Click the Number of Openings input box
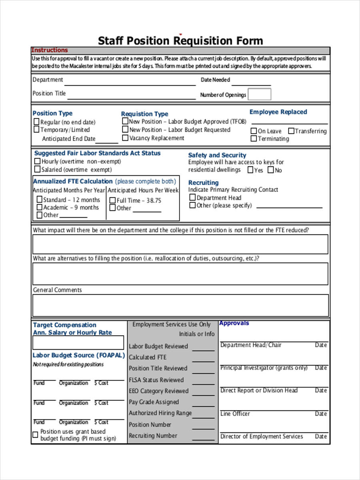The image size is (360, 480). click(x=259, y=94)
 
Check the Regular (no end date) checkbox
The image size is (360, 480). click(x=36, y=122)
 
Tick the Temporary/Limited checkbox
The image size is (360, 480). click(x=36, y=129)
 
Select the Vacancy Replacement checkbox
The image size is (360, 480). click(x=125, y=138)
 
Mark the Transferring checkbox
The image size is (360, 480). click(x=291, y=131)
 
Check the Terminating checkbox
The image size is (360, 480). click(x=254, y=138)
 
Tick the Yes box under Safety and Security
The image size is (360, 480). click(x=250, y=170)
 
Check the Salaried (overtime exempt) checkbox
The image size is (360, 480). click(x=38, y=169)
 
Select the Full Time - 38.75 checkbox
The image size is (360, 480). click(x=112, y=200)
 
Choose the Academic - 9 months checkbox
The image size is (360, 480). click(x=39, y=207)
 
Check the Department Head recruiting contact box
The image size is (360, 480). click(x=192, y=198)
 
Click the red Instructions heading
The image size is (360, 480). click(x=50, y=50)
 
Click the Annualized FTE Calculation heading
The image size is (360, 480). click(x=73, y=181)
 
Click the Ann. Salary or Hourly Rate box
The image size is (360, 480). click(x=78, y=342)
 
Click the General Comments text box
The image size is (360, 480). click(x=180, y=305)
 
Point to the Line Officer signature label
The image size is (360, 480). click(x=235, y=414)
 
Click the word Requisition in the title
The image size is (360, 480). click(x=202, y=41)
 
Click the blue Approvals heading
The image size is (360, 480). click(x=234, y=323)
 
